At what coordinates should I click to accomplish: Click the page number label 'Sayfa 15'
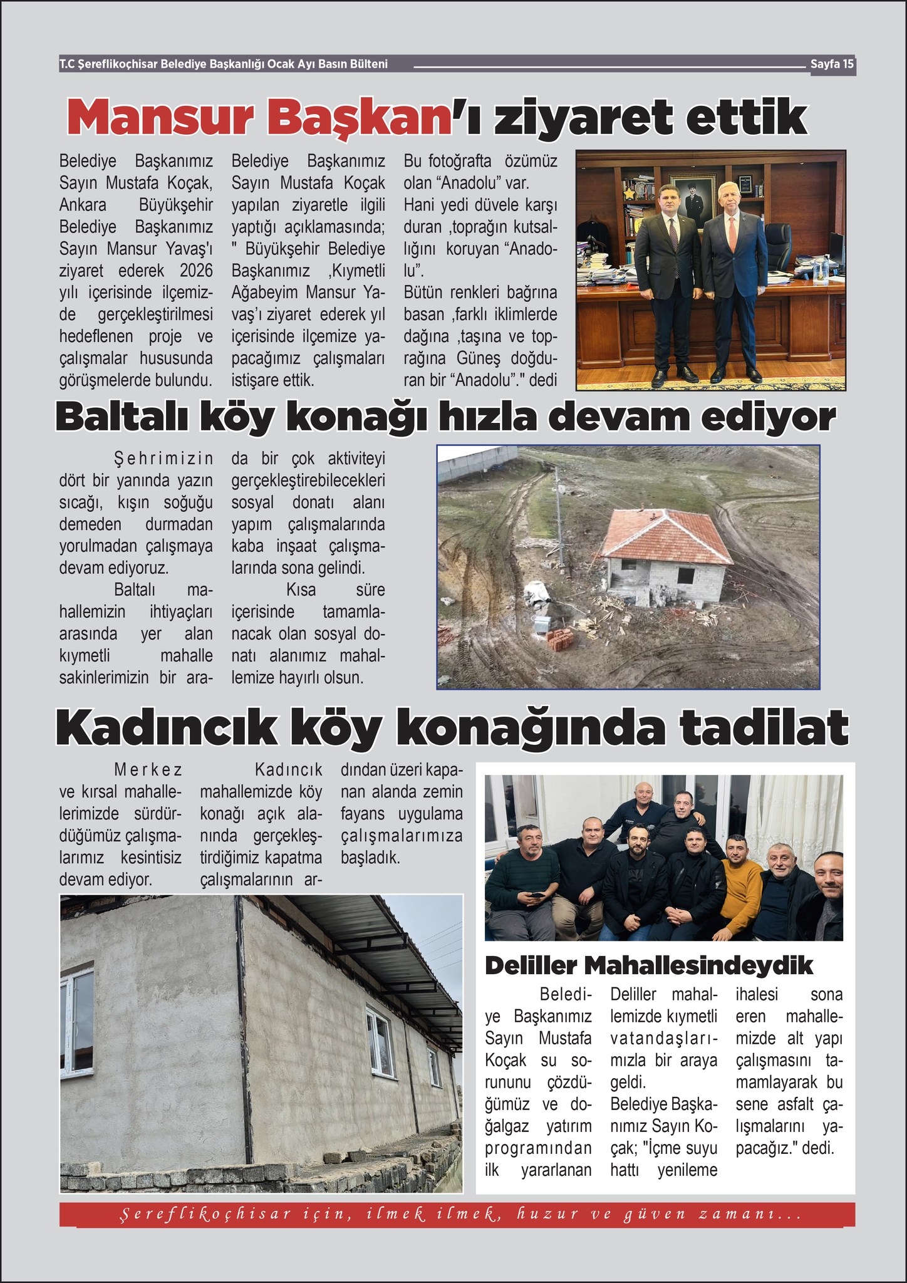point(832,64)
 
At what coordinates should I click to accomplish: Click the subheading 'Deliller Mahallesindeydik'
point(648,965)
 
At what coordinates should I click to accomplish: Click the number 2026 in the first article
point(195,271)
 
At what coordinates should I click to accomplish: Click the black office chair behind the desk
point(783,244)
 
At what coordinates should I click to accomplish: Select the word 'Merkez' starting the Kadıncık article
point(148,770)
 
